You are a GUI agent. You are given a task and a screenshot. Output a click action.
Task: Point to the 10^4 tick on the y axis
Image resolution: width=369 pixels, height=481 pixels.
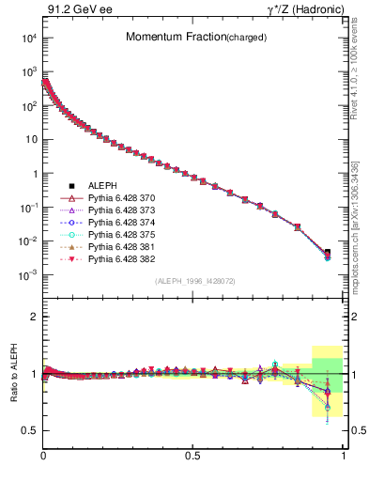tap(29, 39)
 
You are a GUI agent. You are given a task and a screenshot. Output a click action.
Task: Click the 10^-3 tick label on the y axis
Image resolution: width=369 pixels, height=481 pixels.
tap(29, 275)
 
